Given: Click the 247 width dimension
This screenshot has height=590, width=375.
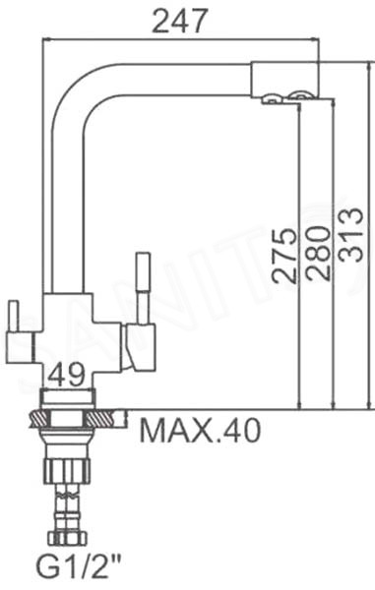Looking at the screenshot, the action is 179,21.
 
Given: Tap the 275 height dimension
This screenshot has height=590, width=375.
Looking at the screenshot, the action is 283,255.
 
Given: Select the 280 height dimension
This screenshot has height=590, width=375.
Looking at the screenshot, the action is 317,253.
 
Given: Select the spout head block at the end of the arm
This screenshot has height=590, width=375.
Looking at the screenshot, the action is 285,78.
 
